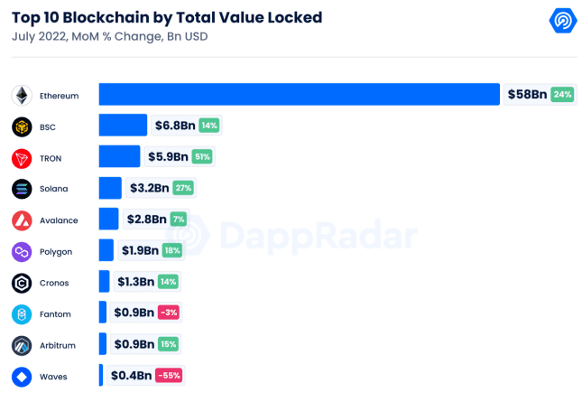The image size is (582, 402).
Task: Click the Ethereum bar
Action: pos(299,95)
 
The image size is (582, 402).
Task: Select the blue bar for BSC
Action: pos(123,126)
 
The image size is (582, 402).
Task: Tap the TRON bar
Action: pos(119,157)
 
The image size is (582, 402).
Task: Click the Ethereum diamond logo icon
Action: pos(23,95)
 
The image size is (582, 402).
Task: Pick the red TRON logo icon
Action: pos(23,158)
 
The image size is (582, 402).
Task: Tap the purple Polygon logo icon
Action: pos(23,251)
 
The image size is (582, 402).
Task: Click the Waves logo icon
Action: pos(23,376)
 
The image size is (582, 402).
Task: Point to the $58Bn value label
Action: pos(526,95)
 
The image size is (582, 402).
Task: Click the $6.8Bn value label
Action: pos(175,126)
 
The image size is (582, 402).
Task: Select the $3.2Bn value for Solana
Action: pos(148,188)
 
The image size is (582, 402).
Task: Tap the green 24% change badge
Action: pos(562,95)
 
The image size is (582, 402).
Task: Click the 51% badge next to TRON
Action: pos(202,157)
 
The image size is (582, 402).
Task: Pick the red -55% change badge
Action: pos(170,376)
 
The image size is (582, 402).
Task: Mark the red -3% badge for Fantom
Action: pos(168,313)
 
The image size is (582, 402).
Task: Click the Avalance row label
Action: pos(59,220)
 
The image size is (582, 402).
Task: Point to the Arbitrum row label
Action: pos(58,345)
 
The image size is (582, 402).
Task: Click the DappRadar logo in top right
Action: pos(563,21)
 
